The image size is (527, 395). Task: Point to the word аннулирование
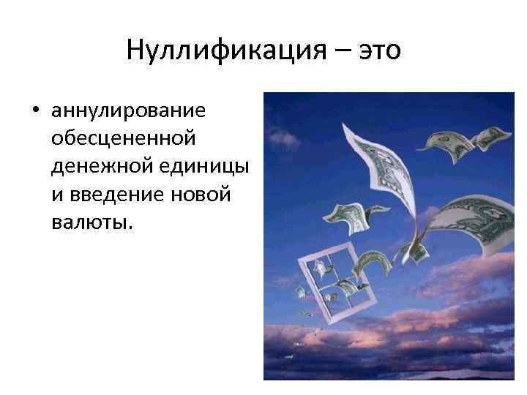click(128, 113)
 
